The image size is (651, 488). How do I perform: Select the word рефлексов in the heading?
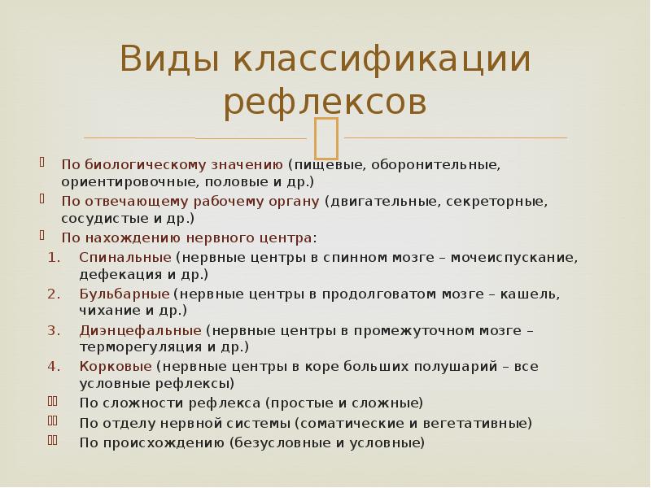[325, 102]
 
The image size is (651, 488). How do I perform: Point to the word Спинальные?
[125, 256]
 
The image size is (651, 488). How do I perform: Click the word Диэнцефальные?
[140, 330]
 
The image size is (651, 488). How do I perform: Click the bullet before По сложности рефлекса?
[52, 402]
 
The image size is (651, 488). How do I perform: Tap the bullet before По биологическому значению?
[42, 163]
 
